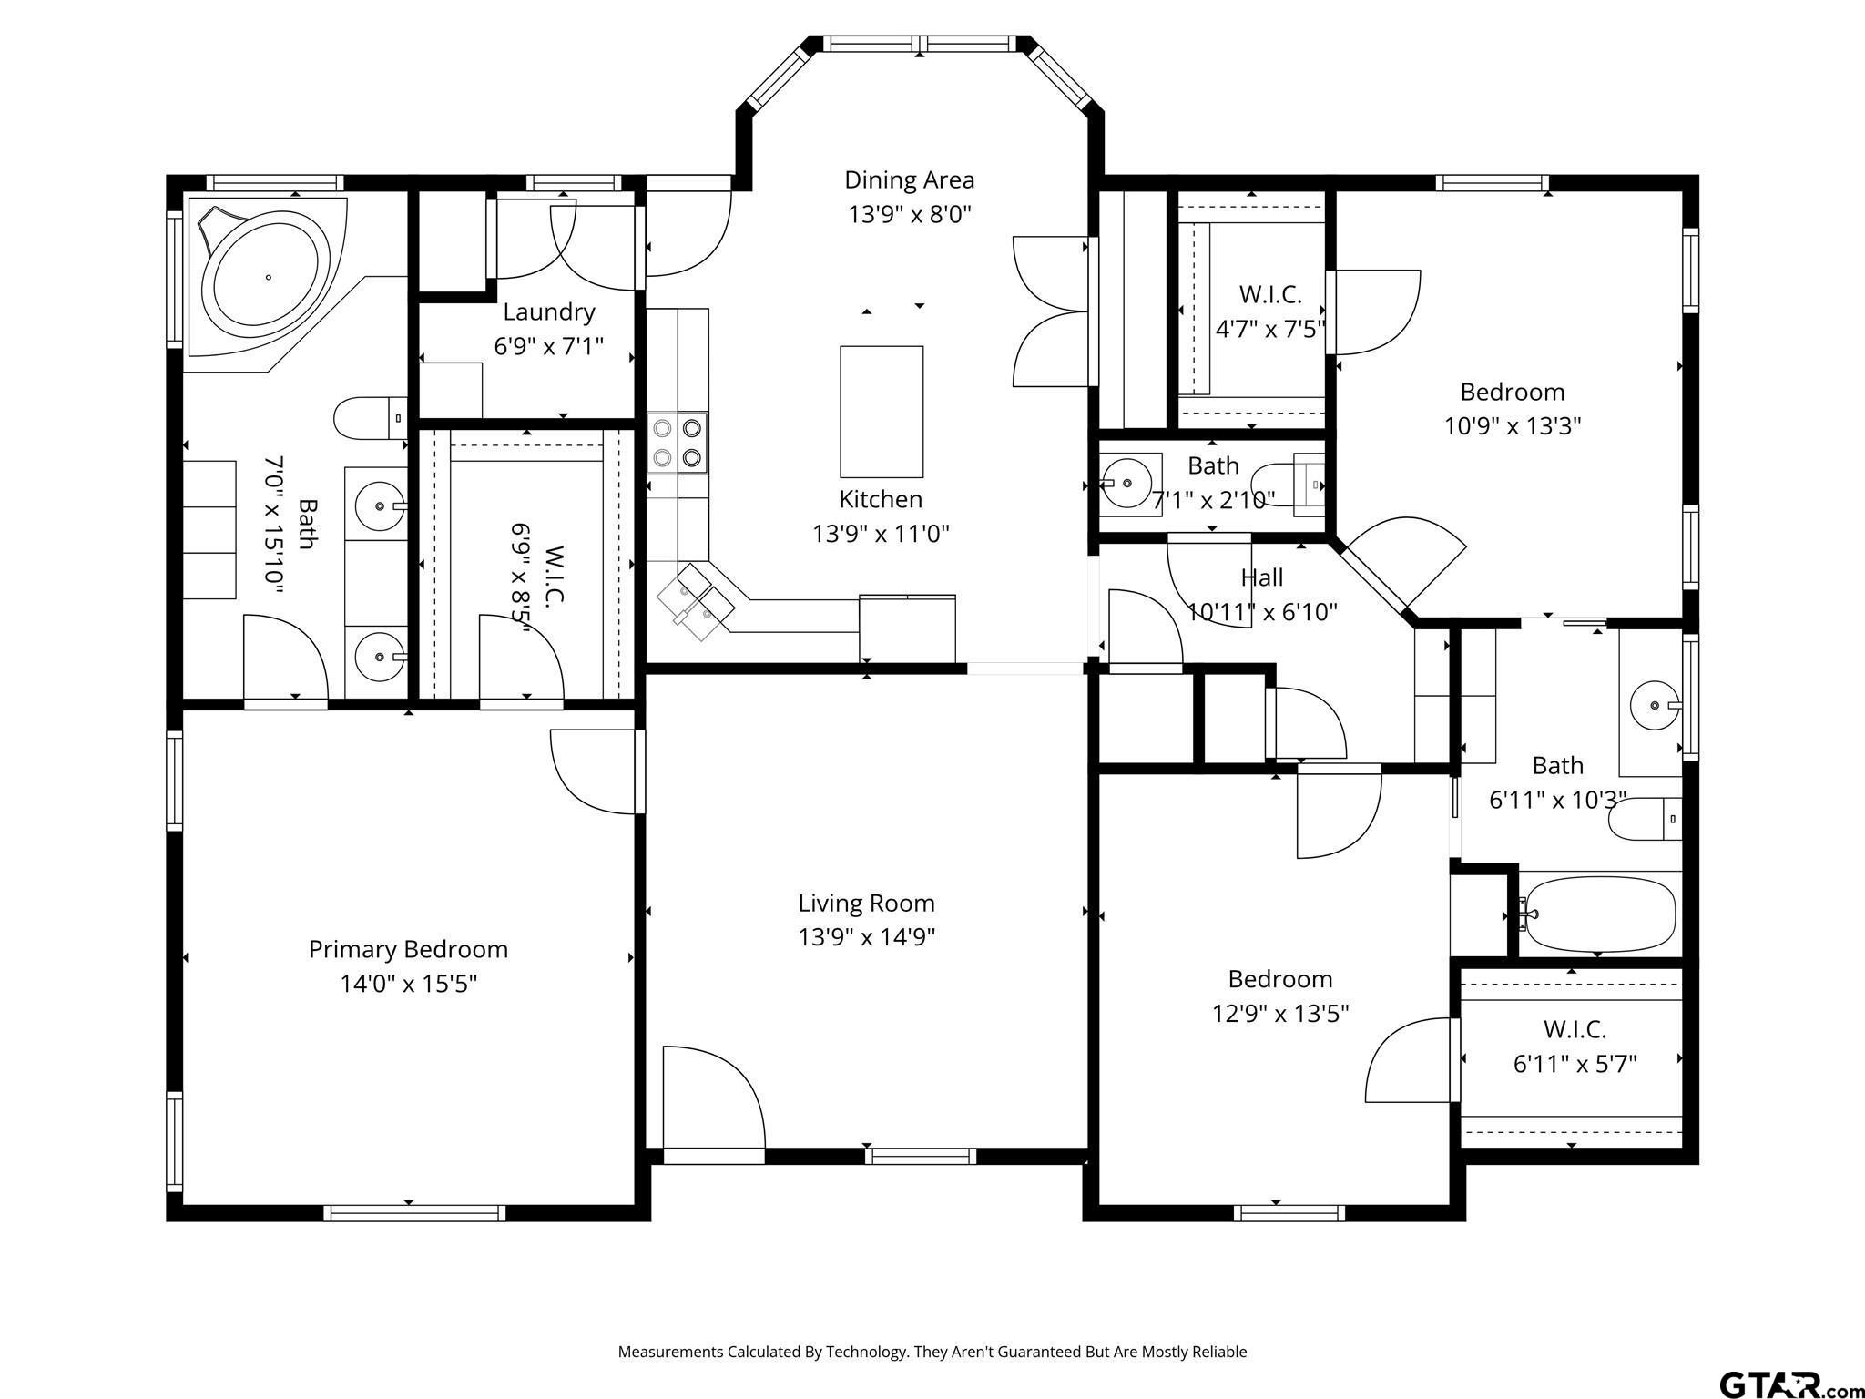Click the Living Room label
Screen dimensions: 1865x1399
(x=866, y=903)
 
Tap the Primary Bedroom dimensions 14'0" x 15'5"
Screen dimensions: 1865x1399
(x=409, y=984)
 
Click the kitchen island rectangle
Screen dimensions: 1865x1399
(x=882, y=411)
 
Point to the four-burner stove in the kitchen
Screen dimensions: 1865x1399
(x=677, y=443)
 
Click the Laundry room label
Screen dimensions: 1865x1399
(x=549, y=311)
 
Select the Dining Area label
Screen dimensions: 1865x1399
(x=909, y=180)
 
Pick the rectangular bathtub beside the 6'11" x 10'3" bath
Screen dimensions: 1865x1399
(x=1599, y=914)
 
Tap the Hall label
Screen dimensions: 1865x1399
(x=1262, y=577)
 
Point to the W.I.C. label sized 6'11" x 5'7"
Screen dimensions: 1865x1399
(x=1575, y=1029)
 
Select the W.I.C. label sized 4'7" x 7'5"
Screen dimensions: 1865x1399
(x=1270, y=294)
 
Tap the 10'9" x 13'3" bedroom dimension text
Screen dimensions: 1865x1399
(x=1513, y=425)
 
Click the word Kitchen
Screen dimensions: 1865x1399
(x=881, y=499)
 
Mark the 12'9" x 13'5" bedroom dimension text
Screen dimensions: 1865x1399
(x=1280, y=1013)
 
